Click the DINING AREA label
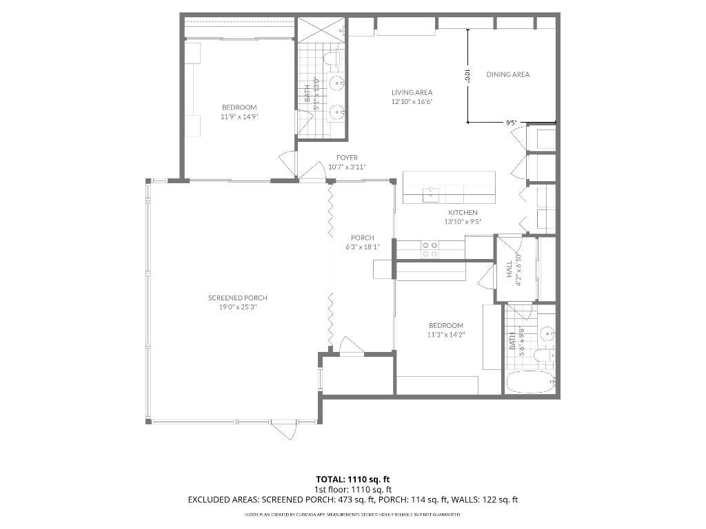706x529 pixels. point(507,74)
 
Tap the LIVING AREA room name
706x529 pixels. point(412,92)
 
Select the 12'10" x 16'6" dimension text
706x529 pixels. point(412,101)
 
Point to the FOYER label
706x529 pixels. point(347,158)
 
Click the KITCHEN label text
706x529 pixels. point(463,213)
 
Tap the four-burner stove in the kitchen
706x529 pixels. point(430,249)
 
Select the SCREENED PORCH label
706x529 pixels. point(238,298)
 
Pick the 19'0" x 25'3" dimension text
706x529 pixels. point(238,307)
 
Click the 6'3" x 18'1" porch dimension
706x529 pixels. point(363,247)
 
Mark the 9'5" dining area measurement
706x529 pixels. point(511,123)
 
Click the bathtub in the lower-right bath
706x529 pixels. point(529,382)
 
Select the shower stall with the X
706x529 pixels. point(321,30)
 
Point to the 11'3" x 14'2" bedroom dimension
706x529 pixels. point(446,335)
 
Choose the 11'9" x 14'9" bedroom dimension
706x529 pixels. point(239,116)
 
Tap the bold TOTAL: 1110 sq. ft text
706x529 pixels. point(352,479)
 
